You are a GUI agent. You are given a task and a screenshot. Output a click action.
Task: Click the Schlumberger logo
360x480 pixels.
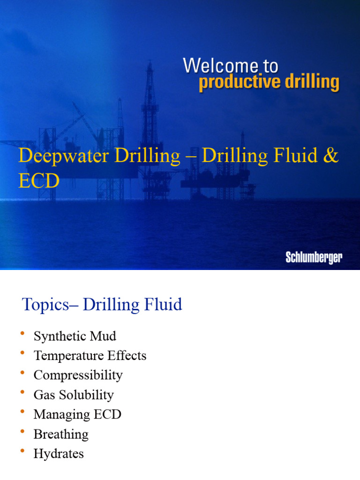(314, 257)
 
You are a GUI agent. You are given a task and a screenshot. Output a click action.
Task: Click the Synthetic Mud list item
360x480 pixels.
(75, 336)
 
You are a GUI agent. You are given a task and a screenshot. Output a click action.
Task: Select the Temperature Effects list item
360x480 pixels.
(90, 356)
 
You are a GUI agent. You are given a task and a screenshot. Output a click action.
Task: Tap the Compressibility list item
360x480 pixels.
(78, 375)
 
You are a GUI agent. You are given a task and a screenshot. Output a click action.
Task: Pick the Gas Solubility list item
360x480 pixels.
(74, 395)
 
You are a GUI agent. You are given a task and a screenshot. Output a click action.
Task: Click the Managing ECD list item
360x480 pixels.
(77, 414)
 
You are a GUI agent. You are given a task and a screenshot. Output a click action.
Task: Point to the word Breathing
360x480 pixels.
(61, 434)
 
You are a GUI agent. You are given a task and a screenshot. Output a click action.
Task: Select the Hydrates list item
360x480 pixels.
(59, 454)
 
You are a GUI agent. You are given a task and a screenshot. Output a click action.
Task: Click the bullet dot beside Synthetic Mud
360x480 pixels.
(22, 333)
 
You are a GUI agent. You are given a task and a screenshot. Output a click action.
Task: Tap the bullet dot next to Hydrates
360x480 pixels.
(22, 451)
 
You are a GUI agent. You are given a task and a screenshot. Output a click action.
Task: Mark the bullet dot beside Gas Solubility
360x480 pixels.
(22, 392)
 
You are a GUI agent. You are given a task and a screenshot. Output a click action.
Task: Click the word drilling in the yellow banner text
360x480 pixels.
(311, 82)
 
